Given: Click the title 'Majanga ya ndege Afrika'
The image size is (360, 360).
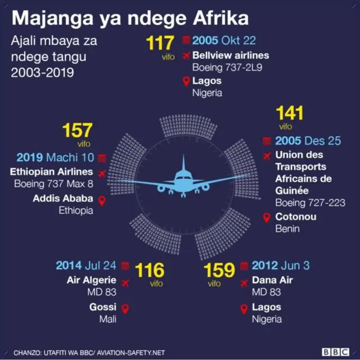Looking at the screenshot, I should coord(130,17).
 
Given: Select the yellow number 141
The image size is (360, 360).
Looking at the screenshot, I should coord(289,113).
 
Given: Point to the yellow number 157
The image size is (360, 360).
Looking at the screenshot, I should coord(77,130).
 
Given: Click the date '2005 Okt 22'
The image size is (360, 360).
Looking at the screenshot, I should coord(224,40).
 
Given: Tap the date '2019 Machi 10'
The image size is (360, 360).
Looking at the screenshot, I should coord(54,157).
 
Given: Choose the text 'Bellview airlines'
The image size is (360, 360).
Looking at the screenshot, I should coord(231,55).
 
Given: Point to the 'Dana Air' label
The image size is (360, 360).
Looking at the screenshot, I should coord(273,280).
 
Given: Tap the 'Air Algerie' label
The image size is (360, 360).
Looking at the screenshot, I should coord(92,280).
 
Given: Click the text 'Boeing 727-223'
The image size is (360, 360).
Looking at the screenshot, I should coord(309,202).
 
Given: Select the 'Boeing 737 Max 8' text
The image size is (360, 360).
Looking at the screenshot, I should coord(54,184).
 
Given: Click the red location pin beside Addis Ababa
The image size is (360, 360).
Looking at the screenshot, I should coord(102,200).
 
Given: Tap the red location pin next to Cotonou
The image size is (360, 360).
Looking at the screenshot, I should coord(266,217).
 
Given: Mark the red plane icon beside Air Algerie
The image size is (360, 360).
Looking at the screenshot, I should coord(125,281).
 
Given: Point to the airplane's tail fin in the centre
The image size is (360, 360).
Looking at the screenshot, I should coord(183,165).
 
